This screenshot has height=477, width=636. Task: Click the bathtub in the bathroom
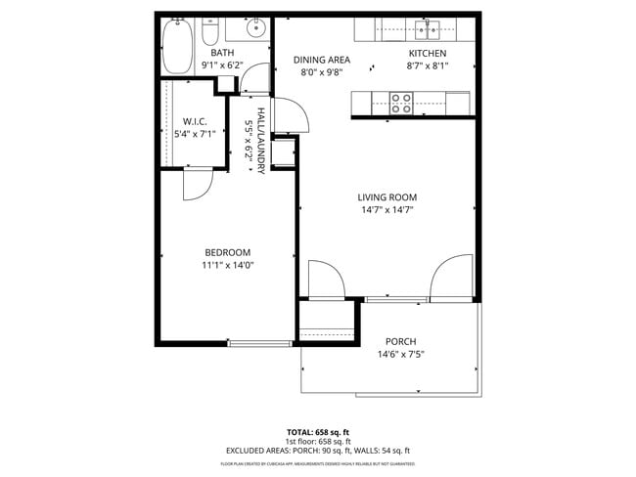pyautogui.click(x=177, y=45)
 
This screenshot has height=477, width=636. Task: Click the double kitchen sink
pyautogui.click(x=428, y=27)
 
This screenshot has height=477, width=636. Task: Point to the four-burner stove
pyautogui.click(x=401, y=102)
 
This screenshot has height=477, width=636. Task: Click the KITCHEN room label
pyautogui.click(x=427, y=54)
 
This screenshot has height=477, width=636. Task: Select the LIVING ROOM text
pyautogui.click(x=387, y=196)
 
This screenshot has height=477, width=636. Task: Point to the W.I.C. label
pyautogui.click(x=192, y=121)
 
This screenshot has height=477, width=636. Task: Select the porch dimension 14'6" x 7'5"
pyautogui.click(x=400, y=354)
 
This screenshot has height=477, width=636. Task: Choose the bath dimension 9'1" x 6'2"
pyautogui.click(x=222, y=65)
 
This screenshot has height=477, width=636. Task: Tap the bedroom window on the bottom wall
pyautogui.click(x=259, y=343)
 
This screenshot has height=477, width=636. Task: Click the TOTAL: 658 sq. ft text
pyautogui.click(x=317, y=431)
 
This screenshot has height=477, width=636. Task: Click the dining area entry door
pyautogui.click(x=295, y=116)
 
